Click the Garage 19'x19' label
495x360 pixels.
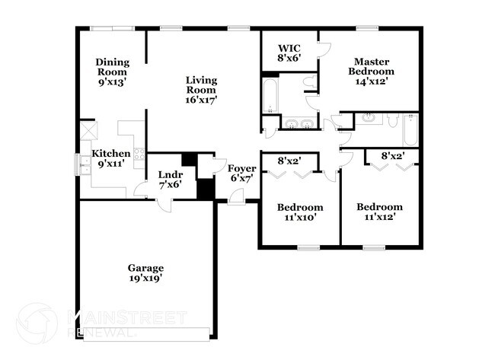coord(145,273)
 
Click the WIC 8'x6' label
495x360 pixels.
coord(289,53)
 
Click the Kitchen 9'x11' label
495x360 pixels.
coord(111,158)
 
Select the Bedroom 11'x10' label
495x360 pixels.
coord(299,212)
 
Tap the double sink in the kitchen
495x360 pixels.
coord(81,164)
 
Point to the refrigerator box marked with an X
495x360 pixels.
coord(88,130)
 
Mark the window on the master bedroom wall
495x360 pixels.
coord(368,29)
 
